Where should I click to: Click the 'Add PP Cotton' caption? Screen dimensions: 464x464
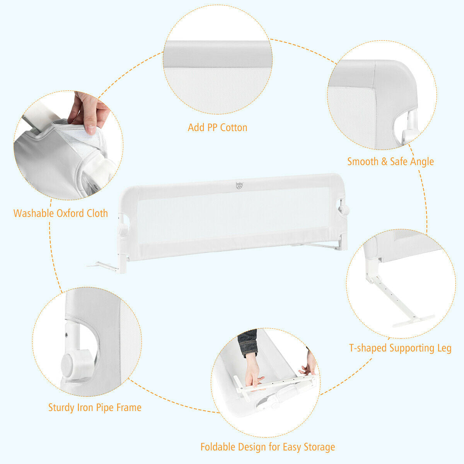(217, 128)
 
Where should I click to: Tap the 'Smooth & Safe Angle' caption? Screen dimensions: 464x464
(391, 162)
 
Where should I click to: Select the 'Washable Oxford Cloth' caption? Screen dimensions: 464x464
(61, 213)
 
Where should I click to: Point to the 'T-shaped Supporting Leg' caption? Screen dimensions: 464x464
(400, 348)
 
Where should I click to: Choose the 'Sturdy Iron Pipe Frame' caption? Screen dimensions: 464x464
(95, 408)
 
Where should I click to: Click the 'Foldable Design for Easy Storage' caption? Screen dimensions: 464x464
(268, 447)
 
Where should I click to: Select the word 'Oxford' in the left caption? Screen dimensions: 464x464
(71, 213)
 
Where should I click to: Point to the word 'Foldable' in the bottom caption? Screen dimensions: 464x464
(218, 447)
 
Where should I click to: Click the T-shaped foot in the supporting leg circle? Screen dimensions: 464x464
(414, 319)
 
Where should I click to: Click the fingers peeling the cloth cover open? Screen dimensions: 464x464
(90, 112)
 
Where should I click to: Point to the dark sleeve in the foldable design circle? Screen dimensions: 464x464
(247, 342)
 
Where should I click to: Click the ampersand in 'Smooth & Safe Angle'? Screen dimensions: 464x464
(384, 162)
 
